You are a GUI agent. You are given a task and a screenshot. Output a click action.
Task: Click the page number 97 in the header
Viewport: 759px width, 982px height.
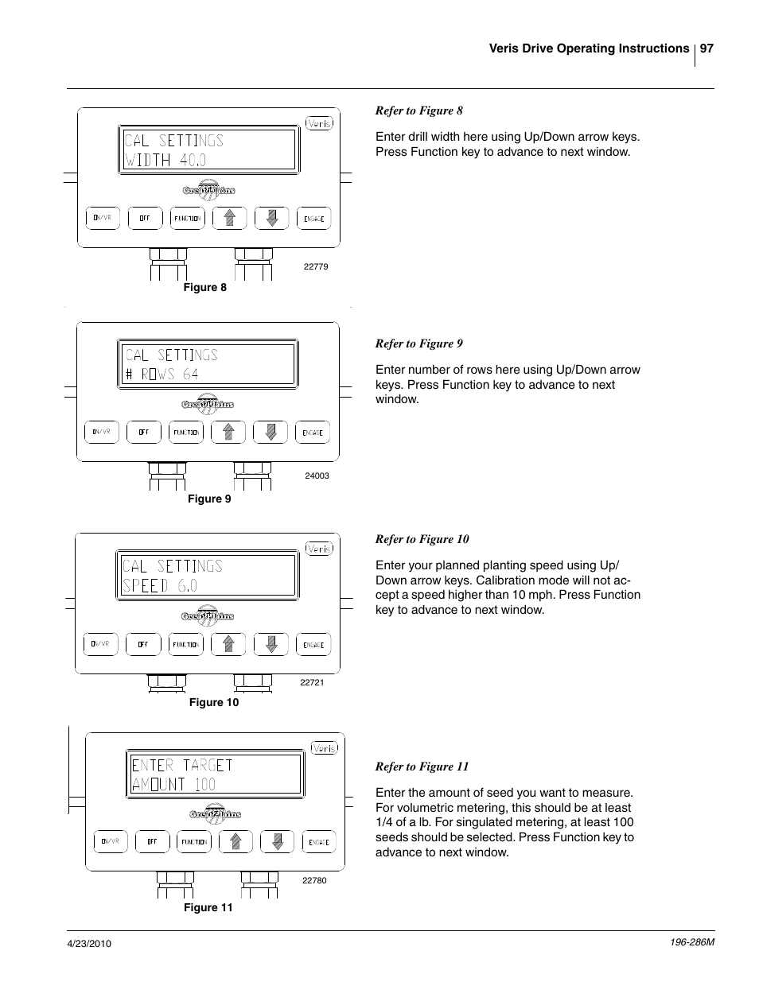[706, 49]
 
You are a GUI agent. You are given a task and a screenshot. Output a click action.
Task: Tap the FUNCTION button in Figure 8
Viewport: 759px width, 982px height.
[187, 218]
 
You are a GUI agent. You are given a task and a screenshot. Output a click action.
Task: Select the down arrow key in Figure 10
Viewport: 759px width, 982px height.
[271, 644]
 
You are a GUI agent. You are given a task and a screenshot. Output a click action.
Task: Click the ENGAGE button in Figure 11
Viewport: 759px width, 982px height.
[318, 842]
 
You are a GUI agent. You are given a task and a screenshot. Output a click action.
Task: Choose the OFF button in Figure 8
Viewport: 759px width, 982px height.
[145, 218]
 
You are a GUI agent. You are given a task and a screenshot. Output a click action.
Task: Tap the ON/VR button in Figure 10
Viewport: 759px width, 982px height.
[100, 644]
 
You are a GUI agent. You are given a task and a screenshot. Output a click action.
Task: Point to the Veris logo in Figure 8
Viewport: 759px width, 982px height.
[319, 124]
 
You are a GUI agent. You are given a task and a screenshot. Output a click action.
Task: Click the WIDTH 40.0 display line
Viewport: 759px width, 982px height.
[165, 160]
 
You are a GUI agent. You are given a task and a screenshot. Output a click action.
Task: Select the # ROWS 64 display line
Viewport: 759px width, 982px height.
[162, 374]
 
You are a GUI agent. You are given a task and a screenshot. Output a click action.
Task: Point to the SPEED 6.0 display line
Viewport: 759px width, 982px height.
[160, 586]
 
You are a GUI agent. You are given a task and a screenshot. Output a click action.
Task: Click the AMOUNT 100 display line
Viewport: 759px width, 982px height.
[173, 784]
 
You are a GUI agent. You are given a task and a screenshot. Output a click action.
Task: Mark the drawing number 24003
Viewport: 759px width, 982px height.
[317, 475]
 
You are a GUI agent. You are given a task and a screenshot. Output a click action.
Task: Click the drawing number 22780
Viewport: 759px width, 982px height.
[314, 880]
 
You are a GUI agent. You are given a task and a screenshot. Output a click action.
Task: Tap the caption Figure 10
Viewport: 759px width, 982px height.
[213, 702]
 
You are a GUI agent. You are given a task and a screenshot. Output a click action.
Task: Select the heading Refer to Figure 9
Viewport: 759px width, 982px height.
[418, 344]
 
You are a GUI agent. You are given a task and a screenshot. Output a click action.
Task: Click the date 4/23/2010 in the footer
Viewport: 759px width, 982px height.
[88, 943]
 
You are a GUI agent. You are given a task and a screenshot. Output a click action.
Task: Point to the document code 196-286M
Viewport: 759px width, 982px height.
[688, 942]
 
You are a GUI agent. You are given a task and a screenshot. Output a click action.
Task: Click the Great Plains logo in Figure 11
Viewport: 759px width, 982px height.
[215, 813]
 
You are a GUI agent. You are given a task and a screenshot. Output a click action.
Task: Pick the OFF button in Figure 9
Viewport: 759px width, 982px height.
[143, 432]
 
